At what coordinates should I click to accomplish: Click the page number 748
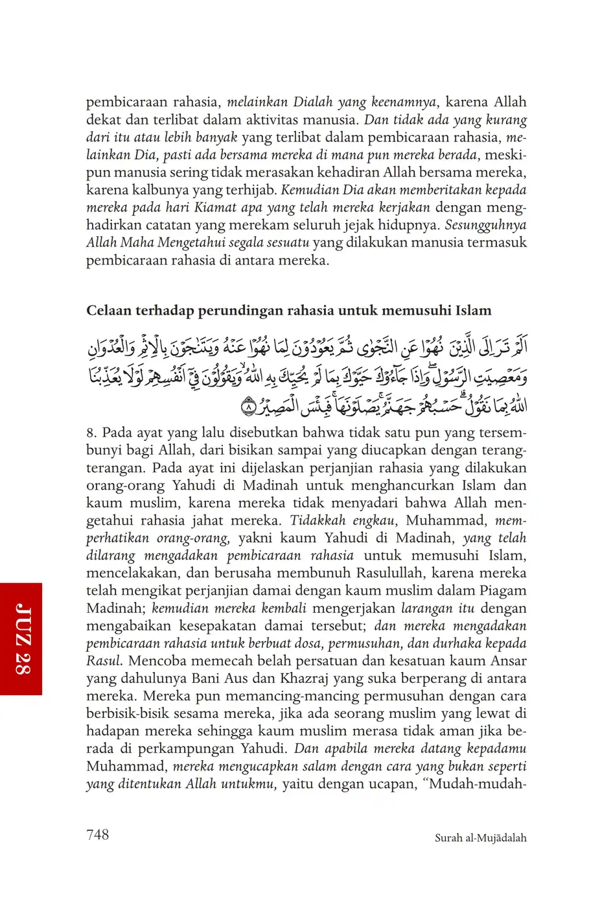tap(97, 835)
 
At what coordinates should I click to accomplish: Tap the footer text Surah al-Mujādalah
tap(480, 838)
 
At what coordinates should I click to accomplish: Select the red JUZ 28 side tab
tap(21, 639)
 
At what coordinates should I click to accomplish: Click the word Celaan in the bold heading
tap(108, 311)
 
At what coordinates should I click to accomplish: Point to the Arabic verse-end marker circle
tap(249, 408)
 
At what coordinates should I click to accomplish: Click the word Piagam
tap(503, 591)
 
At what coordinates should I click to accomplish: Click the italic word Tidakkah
tap(318, 521)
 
